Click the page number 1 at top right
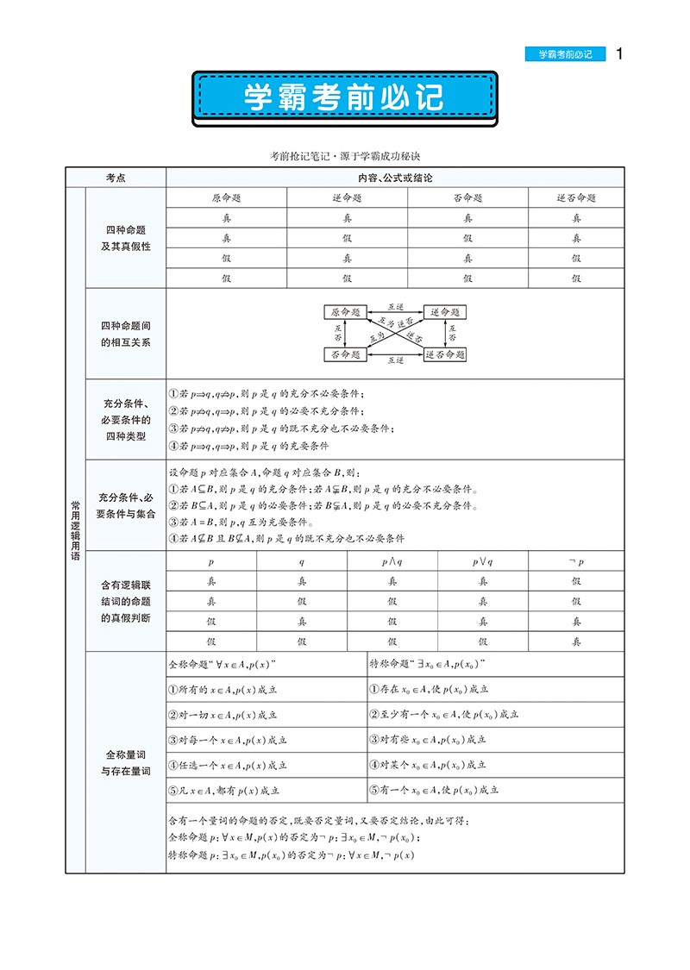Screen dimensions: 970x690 (618, 53)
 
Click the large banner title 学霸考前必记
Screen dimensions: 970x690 (344, 97)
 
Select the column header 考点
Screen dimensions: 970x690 (116, 177)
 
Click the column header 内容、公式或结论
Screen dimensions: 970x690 (394, 177)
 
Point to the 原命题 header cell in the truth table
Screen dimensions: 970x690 (226, 197)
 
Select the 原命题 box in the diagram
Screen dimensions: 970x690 (346, 312)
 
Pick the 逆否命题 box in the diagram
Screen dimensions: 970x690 (444, 354)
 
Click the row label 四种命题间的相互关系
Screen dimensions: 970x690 (126, 334)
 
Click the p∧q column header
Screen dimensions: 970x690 (392, 560)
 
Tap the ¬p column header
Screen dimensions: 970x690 (577, 560)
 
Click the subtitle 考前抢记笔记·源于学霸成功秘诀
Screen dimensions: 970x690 (344, 155)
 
